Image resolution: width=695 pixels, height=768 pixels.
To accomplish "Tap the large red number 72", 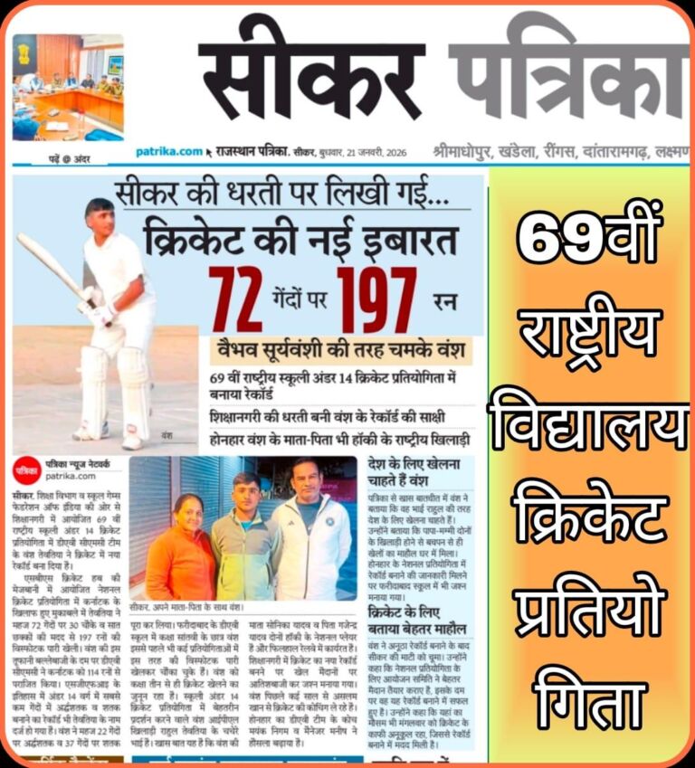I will (235, 299).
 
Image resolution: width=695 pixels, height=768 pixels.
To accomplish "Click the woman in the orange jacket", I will (180, 543).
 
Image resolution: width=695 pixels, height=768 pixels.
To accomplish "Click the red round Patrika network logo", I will (26, 470).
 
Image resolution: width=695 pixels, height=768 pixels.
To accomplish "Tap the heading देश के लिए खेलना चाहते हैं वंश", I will (420, 472).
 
